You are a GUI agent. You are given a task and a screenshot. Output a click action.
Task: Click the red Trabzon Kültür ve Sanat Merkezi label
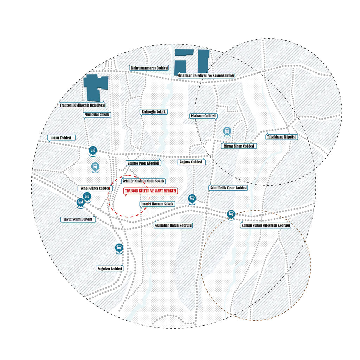pyautogui.click(x=150, y=191)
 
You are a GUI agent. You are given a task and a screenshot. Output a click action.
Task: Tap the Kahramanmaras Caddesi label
pyautogui.click(x=149, y=68)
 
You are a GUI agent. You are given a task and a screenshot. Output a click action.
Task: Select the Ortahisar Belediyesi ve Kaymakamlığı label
pyautogui.click(x=206, y=75)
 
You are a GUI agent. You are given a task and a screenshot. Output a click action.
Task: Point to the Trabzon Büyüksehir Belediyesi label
pyautogui.click(x=82, y=105)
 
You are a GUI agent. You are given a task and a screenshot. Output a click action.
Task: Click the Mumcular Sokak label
pyautogui.click(x=97, y=114)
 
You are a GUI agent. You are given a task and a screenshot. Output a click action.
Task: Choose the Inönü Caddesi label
pyautogui.click(x=61, y=138)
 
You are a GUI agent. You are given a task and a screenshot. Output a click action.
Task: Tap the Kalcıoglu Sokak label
pyautogui.click(x=154, y=112)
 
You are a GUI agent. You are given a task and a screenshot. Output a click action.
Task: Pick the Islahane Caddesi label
pyautogui.click(x=203, y=116)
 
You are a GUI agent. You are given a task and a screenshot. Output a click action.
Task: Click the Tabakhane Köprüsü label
pyautogui.click(x=282, y=137)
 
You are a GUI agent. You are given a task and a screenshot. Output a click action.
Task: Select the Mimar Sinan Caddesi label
pyautogui.click(x=239, y=146)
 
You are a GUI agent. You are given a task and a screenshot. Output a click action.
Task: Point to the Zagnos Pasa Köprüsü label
pyautogui.click(x=143, y=163)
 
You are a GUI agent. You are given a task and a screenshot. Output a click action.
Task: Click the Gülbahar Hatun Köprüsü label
pyautogui.click(x=173, y=225)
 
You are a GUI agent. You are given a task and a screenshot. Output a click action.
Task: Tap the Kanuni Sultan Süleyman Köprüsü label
pyautogui.click(x=265, y=225)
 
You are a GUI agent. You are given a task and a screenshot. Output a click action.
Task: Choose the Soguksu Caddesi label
pyautogui.click(x=110, y=269)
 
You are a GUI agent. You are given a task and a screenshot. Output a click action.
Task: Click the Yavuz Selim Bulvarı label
pyautogui.click(x=78, y=219)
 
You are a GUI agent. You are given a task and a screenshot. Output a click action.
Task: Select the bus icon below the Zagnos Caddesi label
pyautogui.click(x=192, y=199)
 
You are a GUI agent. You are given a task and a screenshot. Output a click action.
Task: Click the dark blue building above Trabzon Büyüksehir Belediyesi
pyautogui.click(x=95, y=87)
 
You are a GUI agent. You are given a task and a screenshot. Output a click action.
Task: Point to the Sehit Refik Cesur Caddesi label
pyautogui.click(x=229, y=188)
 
